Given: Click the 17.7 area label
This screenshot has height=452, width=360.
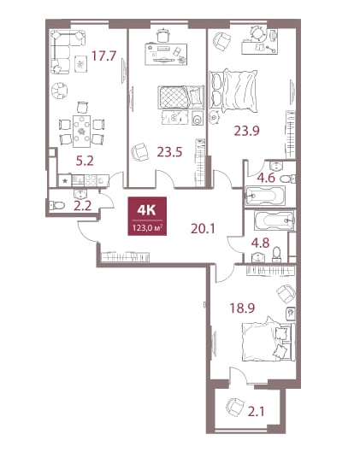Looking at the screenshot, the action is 103,56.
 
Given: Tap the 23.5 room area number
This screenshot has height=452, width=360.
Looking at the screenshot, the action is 169,151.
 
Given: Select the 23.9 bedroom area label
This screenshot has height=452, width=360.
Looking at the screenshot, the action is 246,131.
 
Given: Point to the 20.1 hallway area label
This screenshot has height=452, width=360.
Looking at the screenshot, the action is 203,229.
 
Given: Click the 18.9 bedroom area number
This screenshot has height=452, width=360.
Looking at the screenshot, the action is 242,308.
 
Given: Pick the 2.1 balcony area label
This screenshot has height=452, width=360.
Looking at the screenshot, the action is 257,411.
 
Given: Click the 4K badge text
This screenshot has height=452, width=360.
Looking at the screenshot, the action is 146,210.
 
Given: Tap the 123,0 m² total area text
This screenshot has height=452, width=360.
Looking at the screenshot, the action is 147,228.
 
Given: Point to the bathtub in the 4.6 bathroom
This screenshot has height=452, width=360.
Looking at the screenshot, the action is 265,196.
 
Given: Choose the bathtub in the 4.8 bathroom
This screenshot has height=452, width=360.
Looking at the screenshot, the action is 274,220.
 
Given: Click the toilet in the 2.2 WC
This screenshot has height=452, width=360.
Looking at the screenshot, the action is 57,205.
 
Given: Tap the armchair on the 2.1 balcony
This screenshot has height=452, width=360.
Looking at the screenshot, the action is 235,407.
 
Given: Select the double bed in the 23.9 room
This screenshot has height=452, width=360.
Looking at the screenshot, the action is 233,91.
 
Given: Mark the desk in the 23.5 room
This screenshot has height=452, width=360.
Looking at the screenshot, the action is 166,54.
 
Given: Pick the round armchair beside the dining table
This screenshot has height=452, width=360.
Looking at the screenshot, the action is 60,91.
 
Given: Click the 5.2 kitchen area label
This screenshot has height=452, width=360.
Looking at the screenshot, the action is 85,161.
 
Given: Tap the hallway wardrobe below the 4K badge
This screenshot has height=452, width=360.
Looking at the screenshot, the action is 126,257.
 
